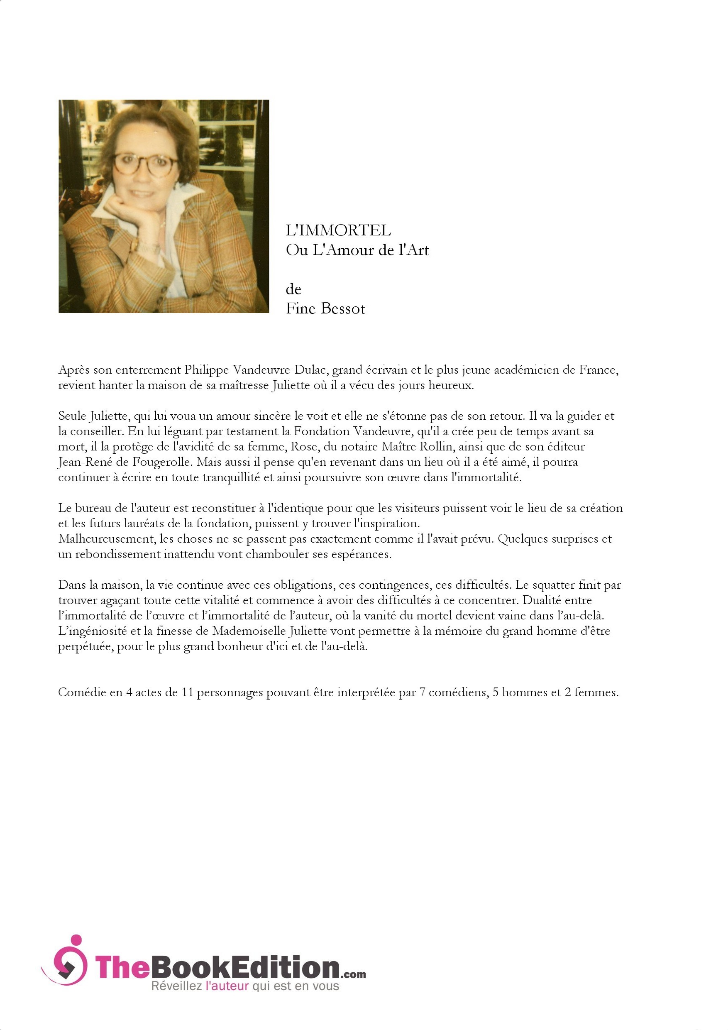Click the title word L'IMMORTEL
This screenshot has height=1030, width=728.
(x=338, y=230)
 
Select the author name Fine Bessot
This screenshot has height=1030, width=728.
(x=325, y=308)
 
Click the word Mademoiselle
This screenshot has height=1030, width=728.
(x=249, y=631)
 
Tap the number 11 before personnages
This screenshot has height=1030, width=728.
(x=187, y=692)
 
